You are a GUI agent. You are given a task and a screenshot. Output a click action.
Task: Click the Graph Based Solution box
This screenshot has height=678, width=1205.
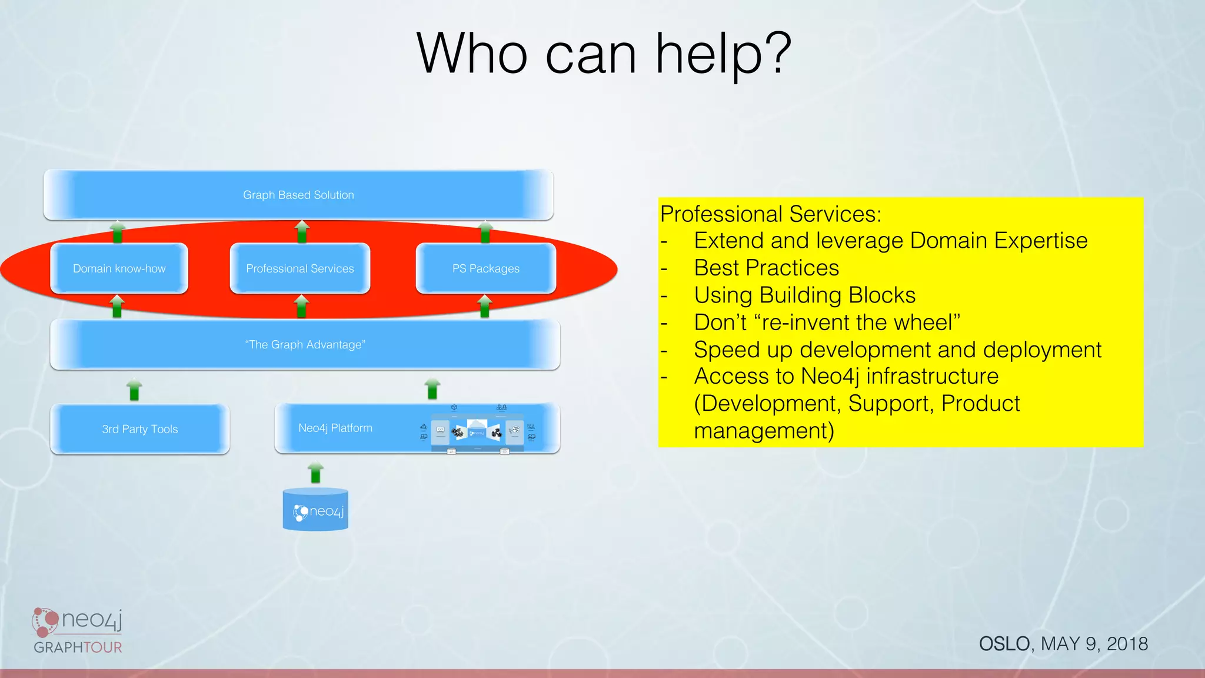tap(298, 195)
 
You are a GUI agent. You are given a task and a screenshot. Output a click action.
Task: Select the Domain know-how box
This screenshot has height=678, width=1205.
tap(119, 268)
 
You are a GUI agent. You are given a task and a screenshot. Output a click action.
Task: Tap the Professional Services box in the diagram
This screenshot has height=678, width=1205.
tap(299, 268)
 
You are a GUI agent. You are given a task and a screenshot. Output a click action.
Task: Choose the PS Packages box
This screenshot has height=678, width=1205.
tap(485, 268)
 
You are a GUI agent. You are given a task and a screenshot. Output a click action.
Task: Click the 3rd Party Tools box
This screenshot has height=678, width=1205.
tap(139, 429)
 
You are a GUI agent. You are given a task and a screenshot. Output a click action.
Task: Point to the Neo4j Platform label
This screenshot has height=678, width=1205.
tap(335, 428)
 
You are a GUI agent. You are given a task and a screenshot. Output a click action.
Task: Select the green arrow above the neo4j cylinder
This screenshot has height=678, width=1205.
tap(316, 473)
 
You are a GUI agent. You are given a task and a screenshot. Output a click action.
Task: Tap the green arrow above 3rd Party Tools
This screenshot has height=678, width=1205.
tap(134, 390)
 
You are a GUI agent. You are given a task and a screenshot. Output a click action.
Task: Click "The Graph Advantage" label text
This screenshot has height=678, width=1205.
tap(305, 344)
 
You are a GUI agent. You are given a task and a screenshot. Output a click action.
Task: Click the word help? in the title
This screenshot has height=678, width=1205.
tap(723, 55)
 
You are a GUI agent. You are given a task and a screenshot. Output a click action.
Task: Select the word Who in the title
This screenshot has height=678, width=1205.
tap(471, 54)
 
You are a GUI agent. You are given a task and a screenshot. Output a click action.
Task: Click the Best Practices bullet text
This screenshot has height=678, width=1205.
tap(766, 268)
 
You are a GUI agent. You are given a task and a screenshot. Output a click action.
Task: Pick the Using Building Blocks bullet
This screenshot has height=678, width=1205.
tap(804, 295)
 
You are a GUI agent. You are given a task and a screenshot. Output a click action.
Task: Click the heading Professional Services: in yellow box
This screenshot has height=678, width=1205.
tap(770, 214)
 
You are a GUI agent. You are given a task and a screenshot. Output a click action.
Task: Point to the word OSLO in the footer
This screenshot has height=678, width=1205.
tap(1004, 644)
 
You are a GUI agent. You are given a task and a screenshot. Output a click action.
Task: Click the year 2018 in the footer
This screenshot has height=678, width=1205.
tap(1127, 644)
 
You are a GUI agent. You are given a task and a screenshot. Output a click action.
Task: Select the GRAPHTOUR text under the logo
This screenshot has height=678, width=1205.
tap(78, 647)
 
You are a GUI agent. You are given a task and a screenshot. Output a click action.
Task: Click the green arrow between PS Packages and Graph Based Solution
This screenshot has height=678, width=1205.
tap(485, 232)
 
